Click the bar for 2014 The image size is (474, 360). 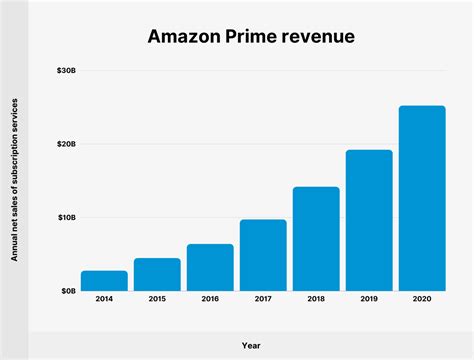pos(104,280)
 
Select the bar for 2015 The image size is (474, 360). pos(157,274)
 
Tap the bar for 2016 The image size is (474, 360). pos(210,267)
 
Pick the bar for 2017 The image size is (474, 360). pos(263,255)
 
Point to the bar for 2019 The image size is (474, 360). pos(369,220)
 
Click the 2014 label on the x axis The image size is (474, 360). pos(104,299)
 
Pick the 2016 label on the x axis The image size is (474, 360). pos(210,299)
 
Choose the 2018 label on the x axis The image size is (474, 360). pos(316,299)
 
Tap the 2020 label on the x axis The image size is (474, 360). pos(422,299)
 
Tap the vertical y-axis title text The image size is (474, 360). pos(16,181)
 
